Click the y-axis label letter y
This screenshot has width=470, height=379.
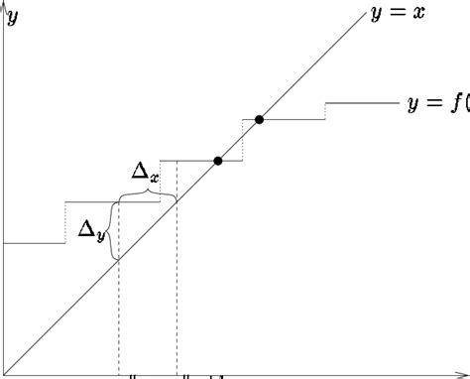(x=13, y=17)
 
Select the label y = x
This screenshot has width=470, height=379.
(x=397, y=15)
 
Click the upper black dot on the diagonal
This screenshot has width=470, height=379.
(x=260, y=119)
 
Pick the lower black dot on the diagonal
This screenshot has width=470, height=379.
(x=218, y=160)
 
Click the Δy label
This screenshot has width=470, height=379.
(x=91, y=230)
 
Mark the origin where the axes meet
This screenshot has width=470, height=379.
(x=5, y=375)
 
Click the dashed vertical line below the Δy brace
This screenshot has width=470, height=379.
(x=119, y=317)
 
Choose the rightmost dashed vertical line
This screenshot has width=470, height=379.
(x=176, y=288)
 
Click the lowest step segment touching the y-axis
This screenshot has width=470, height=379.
(x=35, y=242)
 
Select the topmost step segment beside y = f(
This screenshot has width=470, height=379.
(x=362, y=101)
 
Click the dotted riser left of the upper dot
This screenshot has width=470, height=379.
(x=243, y=139)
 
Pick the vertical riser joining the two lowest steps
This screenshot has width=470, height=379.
(x=65, y=222)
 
